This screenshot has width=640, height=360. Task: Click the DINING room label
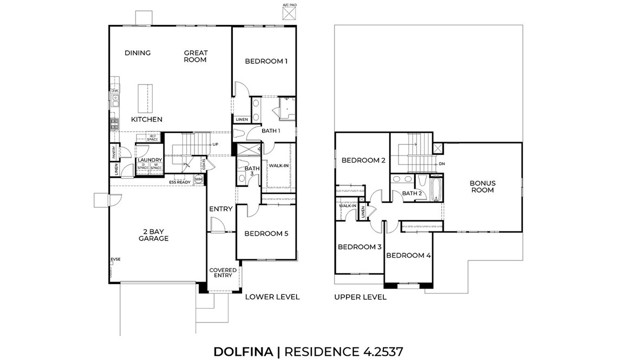tap(137, 53)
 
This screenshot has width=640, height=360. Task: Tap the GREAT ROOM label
tap(195, 56)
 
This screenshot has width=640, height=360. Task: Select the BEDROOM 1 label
tap(266, 61)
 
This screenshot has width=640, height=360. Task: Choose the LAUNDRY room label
tap(150, 159)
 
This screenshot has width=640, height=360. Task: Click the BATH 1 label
tap(270, 131)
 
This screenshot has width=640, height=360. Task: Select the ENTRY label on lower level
tap(220, 208)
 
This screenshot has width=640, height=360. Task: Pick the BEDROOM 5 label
tap(267, 234)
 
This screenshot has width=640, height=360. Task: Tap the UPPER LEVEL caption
tap(360, 297)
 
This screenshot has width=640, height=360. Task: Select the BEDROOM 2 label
tap(363, 160)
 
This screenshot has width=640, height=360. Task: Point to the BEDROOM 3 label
tap(358, 246)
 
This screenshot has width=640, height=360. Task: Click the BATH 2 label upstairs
tap(413, 193)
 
